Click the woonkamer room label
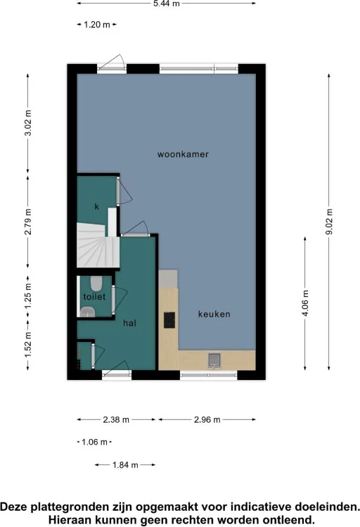(x=183, y=154)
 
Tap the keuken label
(x=214, y=315)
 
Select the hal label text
(x=129, y=323)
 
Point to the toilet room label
(x=94, y=296)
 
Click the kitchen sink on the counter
(x=214, y=360)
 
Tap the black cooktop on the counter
(x=169, y=320)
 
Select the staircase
(x=98, y=245)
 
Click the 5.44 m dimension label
(x=167, y=4)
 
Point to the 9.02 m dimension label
(x=329, y=222)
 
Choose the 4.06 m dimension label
(x=305, y=303)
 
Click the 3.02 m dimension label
(x=28, y=122)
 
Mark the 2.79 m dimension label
(x=28, y=222)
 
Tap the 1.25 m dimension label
(x=28, y=296)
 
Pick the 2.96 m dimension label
(x=207, y=420)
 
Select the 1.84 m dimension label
(x=125, y=465)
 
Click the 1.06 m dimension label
(x=94, y=442)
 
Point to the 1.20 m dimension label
(x=97, y=25)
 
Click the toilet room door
(x=113, y=300)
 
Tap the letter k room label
(x=97, y=206)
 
